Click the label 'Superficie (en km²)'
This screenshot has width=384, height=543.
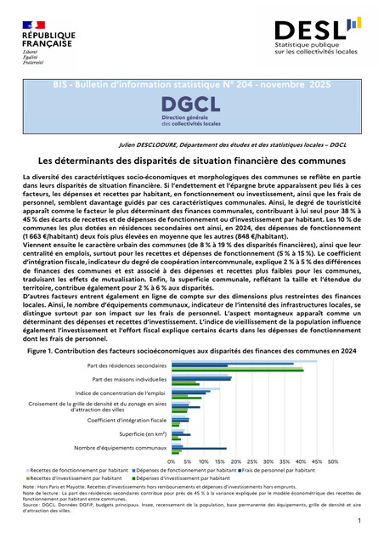(139, 433)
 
